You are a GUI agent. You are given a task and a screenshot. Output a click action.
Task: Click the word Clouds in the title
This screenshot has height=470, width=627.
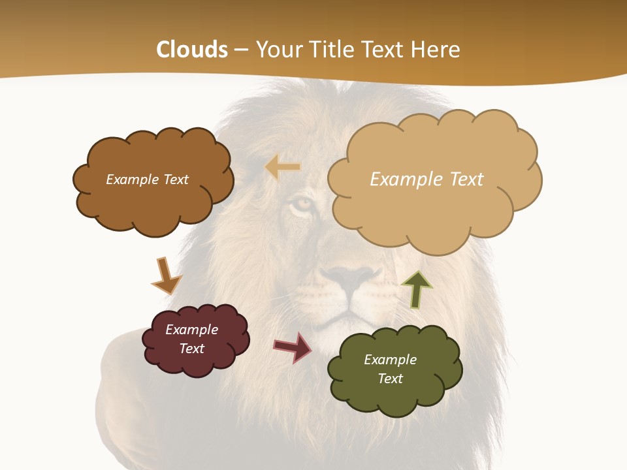tap(192, 50)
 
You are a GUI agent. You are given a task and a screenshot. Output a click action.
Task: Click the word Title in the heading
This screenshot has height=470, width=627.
tap(331, 50)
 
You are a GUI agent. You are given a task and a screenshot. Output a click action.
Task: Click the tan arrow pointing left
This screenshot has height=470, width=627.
tap(282, 168)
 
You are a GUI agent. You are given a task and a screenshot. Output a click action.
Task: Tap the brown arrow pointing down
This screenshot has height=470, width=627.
tap(165, 275)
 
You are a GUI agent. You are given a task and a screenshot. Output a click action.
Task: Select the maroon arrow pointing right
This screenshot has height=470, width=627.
tap(293, 347)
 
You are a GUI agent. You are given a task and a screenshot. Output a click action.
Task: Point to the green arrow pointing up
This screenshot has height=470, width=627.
tap(417, 289)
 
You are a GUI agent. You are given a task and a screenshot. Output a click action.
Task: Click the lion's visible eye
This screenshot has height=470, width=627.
tap(301, 205)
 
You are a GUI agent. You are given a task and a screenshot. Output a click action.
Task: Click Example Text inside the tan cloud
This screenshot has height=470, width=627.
tap(426, 180)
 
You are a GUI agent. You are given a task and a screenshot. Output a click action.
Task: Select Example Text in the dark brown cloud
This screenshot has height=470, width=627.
tap(147, 180)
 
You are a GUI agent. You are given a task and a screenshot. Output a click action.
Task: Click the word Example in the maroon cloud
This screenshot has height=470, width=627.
tap(191, 330)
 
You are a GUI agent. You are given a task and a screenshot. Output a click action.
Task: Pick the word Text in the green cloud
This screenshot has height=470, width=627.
tap(390, 379)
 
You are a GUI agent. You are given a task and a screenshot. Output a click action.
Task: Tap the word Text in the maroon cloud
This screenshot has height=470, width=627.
tap(191, 349)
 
